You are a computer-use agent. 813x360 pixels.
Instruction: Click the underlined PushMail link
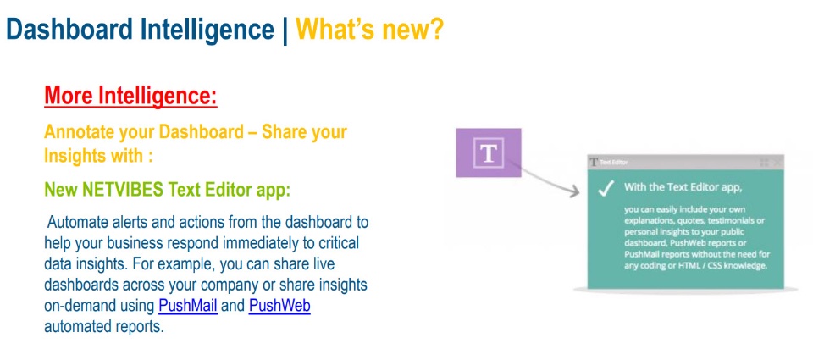188,306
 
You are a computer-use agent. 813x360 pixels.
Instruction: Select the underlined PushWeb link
279,306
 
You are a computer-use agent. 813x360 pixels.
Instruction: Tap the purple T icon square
489,153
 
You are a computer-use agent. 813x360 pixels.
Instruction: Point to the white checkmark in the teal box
606,190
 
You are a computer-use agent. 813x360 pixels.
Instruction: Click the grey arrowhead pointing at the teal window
573,192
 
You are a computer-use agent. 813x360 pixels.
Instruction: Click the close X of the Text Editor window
777,163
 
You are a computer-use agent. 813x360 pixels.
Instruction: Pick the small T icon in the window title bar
594,163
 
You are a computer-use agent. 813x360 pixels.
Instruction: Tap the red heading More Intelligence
130,96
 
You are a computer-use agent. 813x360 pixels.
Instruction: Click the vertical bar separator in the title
285,30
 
